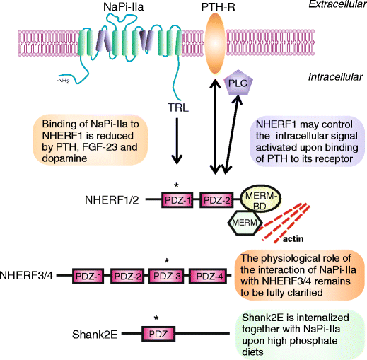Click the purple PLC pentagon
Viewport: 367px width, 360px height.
click(237, 84)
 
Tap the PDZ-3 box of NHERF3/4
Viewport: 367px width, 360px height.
click(168, 274)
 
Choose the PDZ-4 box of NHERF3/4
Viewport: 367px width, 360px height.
click(209, 274)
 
